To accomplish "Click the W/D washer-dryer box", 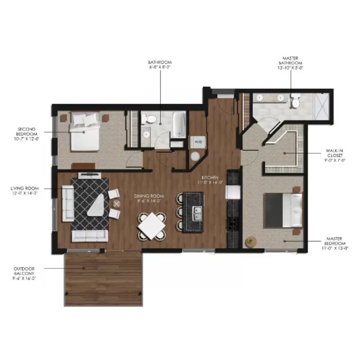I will click(x=198, y=142).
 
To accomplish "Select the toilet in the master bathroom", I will click(x=296, y=101).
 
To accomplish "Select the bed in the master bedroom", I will click(x=284, y=210).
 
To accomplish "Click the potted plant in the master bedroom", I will click(x=250, y=241).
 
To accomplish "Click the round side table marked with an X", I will click(x=116, y=204).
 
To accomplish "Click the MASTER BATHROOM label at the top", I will click(x=291, y=62).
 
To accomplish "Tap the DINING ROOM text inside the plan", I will click(x=149, y=196).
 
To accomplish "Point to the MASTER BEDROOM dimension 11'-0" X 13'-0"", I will click(x=334, y=249).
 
